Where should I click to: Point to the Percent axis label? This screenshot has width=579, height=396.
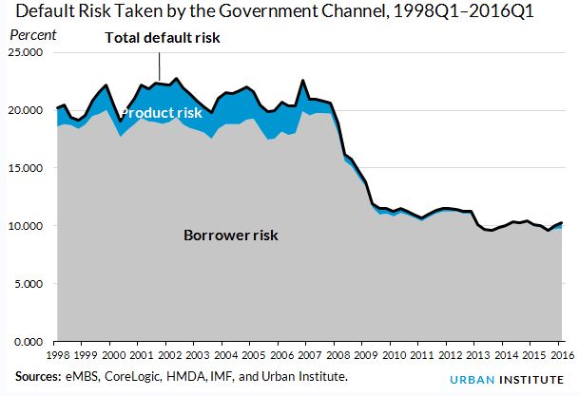[x=32, y=35]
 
